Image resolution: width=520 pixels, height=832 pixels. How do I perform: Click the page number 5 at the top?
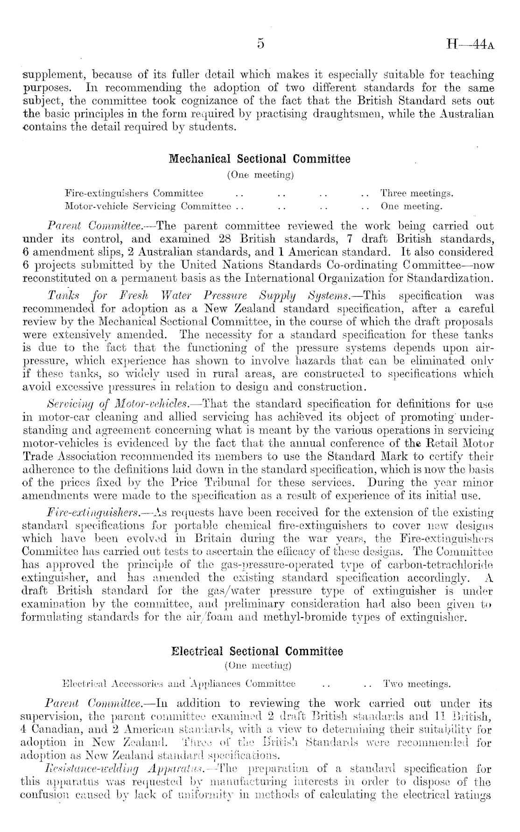(260, 44)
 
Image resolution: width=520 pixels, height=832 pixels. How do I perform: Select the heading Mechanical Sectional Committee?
(260, 159)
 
